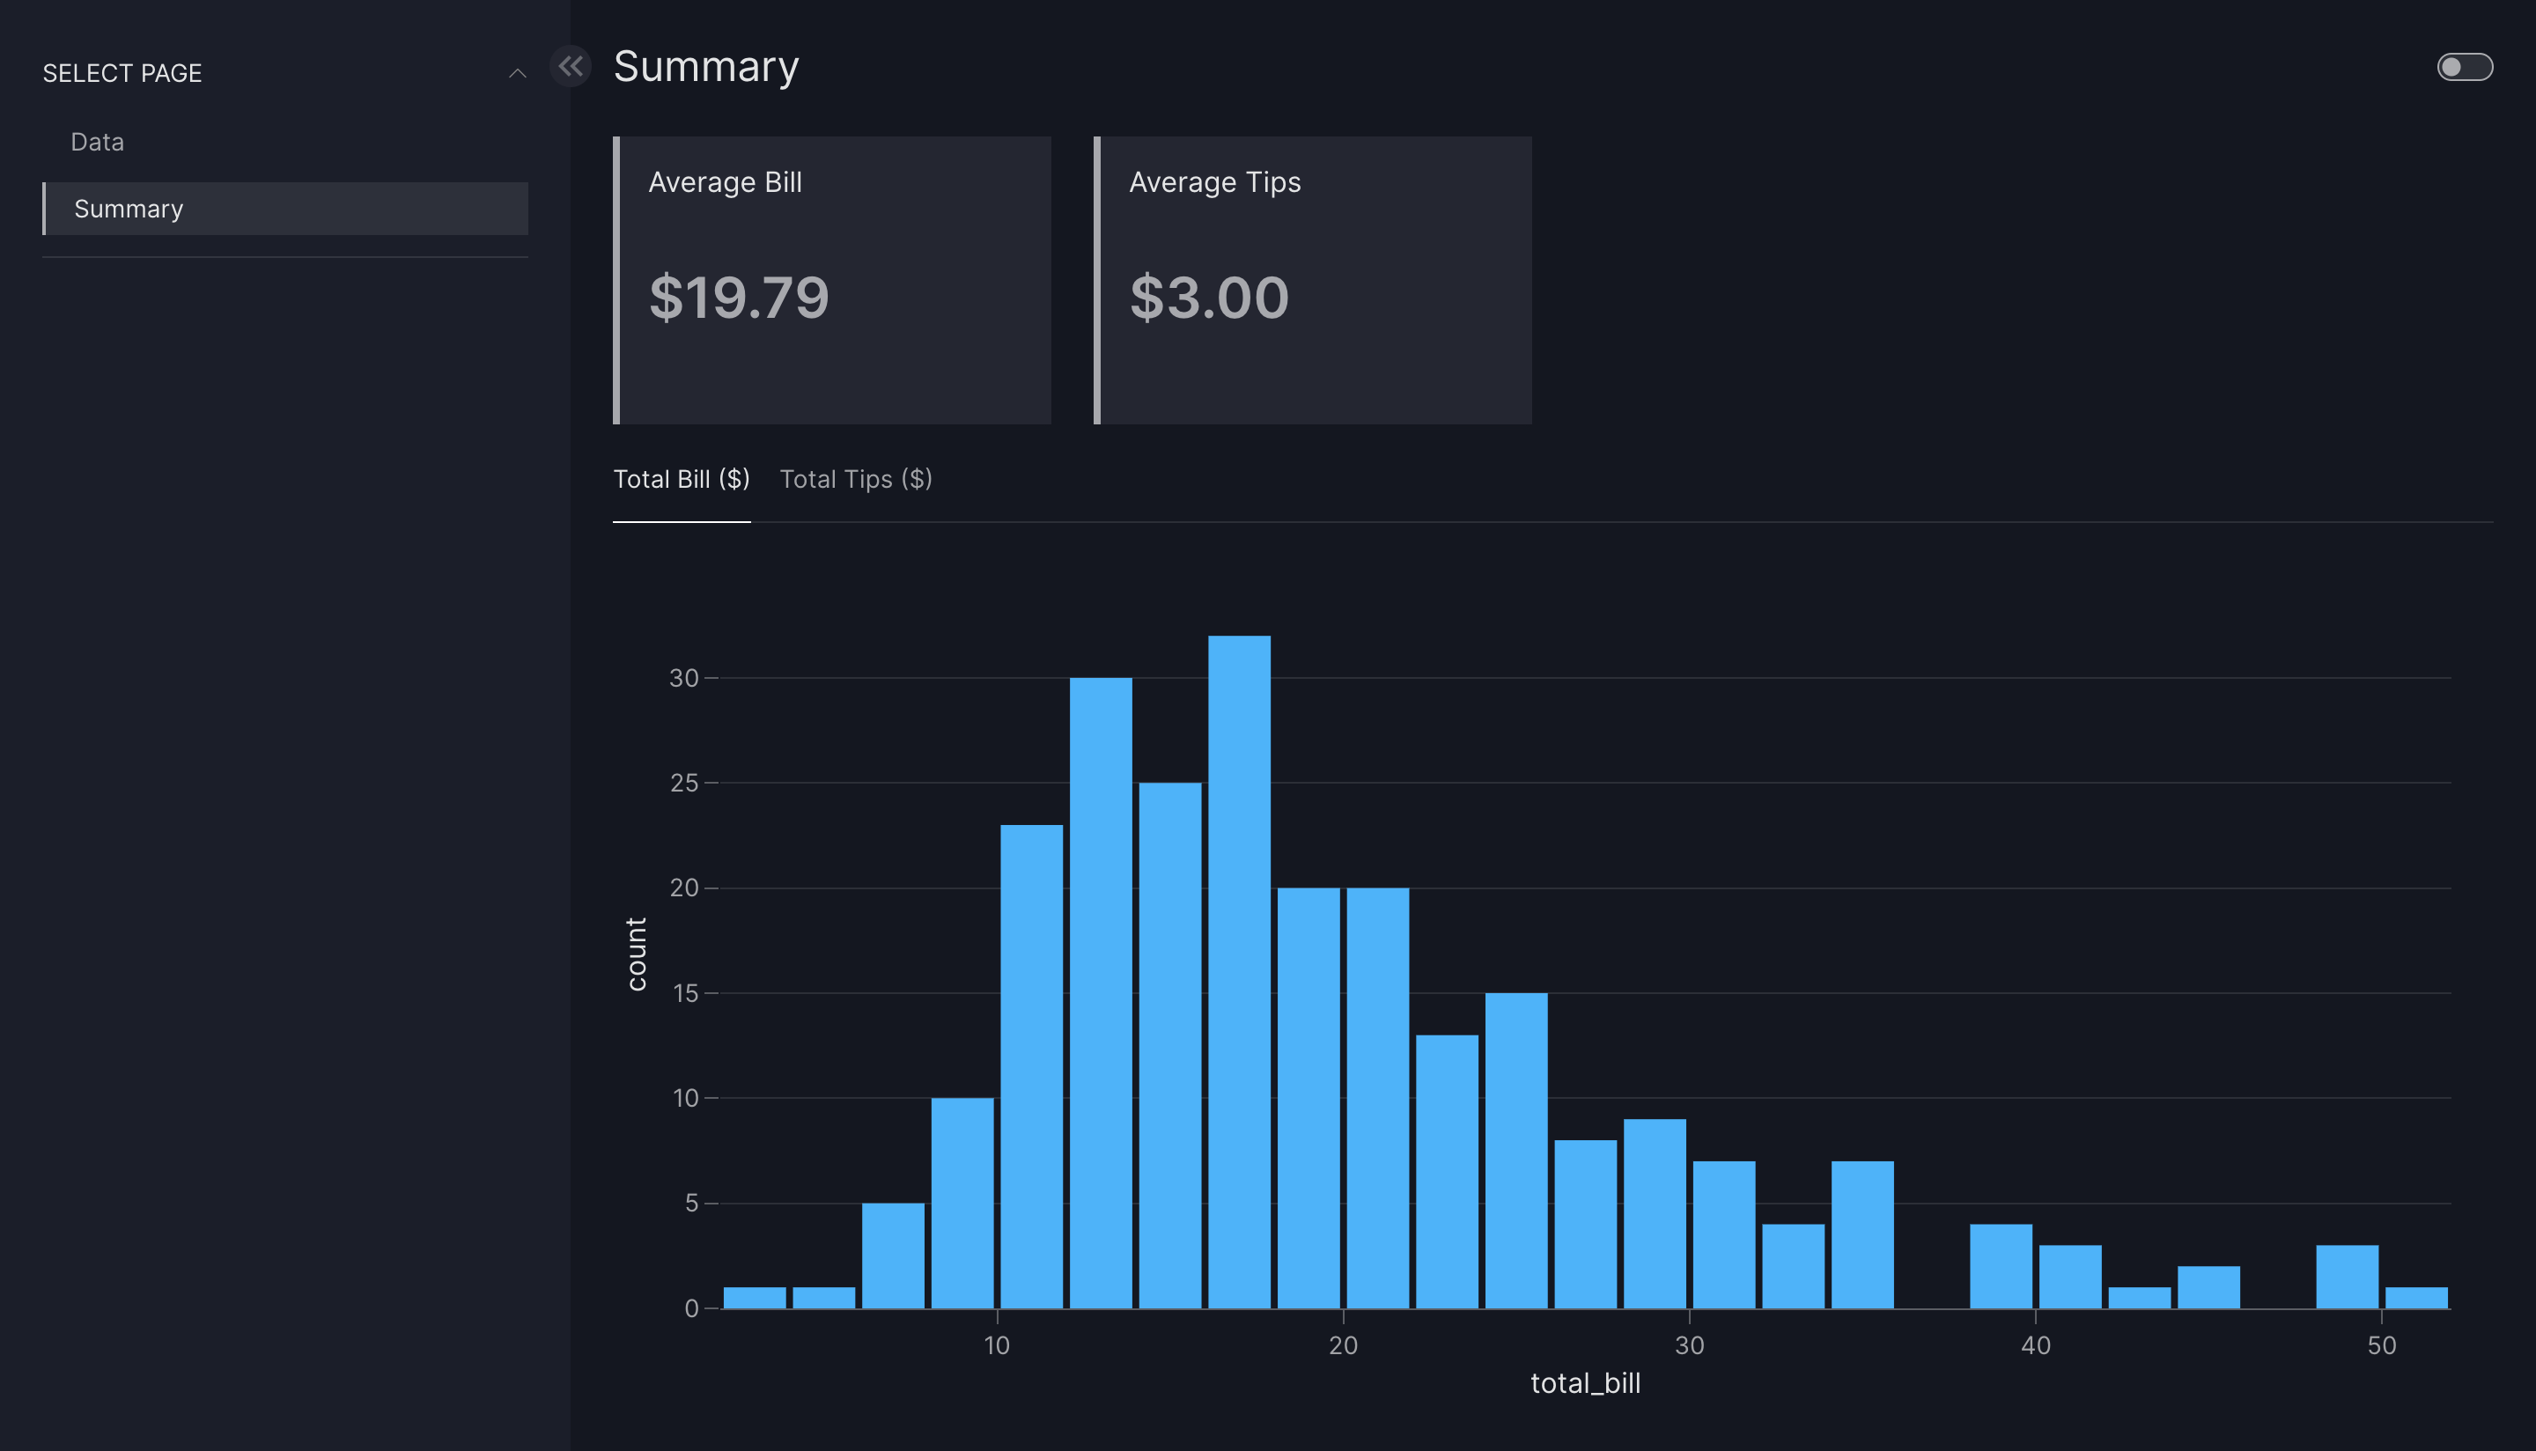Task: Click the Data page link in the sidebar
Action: coord(98,142)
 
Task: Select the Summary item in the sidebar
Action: coord(129,209)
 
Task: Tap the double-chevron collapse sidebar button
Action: coord(571,67)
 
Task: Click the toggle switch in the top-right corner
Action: coord(2465,67)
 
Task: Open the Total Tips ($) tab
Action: coord(855,479)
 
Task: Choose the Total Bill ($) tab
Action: coord(682,479)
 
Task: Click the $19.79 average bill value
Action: coord(739,297)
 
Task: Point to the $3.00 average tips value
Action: coord(1209,297)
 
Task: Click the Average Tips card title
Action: coord(1214,182)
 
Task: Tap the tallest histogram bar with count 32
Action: coord(1239,972)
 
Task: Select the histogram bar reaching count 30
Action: coord(1100,992)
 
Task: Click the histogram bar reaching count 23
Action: coord(1031,1066)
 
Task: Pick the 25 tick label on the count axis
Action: coord(683,784)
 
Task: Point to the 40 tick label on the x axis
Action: coord(2035,1345)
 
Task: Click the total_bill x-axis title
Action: coord(1584,1383)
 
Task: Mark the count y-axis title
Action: coord(637,954)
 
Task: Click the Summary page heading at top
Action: coord(705,67)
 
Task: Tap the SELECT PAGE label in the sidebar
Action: coord(122,73)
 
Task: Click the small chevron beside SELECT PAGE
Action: coord(517,73)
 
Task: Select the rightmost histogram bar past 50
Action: coord(2415,1298)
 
